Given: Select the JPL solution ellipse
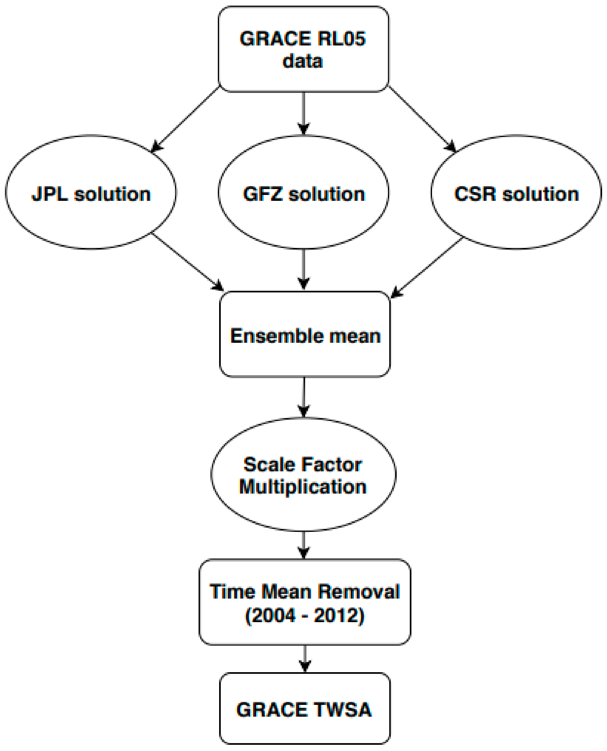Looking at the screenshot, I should pos(91,192).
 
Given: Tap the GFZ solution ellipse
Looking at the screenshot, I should pos(303,192).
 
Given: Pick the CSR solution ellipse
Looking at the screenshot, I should pos(516,192).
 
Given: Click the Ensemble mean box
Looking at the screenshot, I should pos(304,334).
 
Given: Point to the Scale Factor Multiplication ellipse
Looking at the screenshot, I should pos(303,474).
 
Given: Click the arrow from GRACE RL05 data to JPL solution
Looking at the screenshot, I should pos(185,119).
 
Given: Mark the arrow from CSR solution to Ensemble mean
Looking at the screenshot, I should pos(426,267).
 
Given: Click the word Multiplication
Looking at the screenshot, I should pos(303,487).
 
